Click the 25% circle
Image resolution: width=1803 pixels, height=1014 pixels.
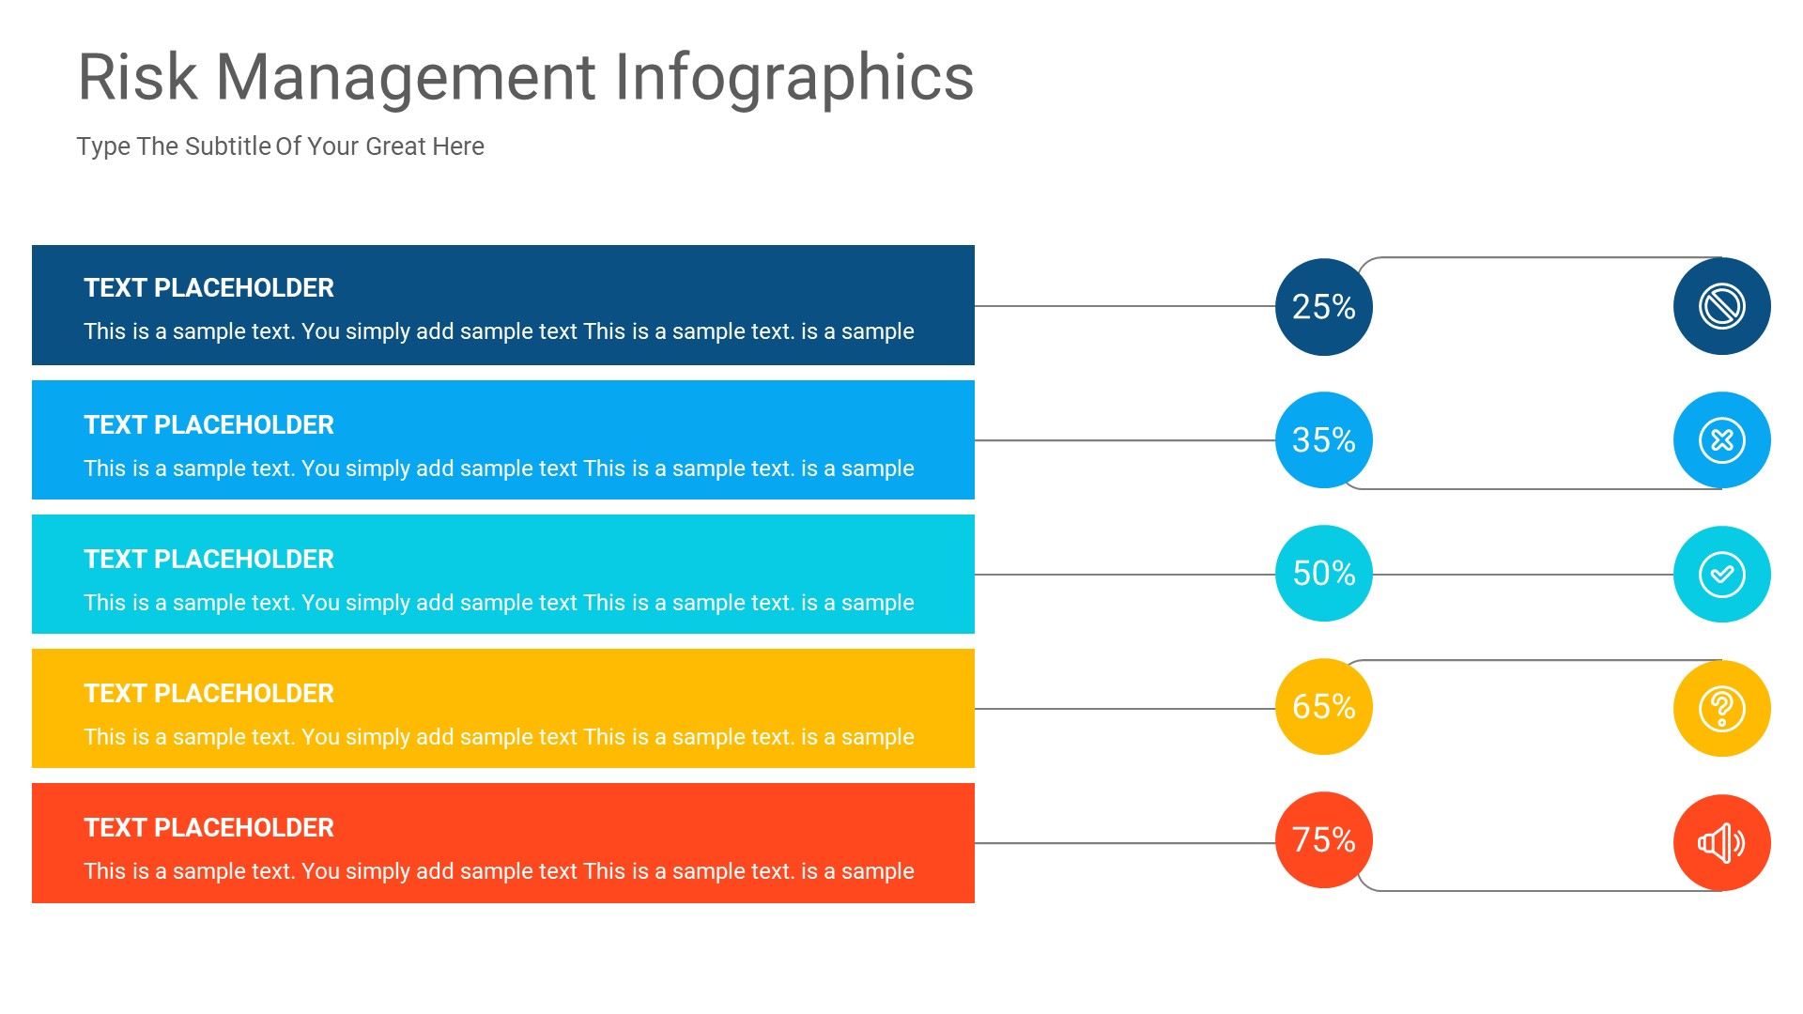coord(1323,307)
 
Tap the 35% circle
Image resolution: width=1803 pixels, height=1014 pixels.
coord(1323,440)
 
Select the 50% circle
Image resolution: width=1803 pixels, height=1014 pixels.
coord(1323,574)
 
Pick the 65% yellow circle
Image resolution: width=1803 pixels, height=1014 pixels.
coord(1323,707)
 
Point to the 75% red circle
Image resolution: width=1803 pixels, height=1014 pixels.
coord(1323,840)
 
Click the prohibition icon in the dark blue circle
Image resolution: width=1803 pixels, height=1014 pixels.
coord(1721,306)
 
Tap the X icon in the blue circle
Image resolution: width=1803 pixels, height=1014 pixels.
coord(1721,440)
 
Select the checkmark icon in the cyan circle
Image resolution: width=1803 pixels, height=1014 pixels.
coord(1721,575)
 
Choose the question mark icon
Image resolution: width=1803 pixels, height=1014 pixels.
coord(1721,709)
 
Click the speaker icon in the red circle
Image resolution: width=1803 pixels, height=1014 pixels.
coord(1721,843)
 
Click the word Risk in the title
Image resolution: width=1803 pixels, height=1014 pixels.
coord(137,77)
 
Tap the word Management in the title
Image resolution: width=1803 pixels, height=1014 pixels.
coord(406,77)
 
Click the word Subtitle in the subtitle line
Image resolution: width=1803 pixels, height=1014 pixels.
coord(227,146)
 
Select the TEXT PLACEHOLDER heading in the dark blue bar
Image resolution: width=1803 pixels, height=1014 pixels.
coord(208,288)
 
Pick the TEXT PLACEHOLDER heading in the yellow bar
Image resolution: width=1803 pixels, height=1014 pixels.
coord(208,694)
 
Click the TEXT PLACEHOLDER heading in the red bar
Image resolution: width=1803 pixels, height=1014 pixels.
coord(208,828)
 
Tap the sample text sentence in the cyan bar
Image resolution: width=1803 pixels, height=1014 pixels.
coord(499,603)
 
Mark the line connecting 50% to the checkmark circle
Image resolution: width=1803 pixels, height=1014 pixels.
coord(1521,575)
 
